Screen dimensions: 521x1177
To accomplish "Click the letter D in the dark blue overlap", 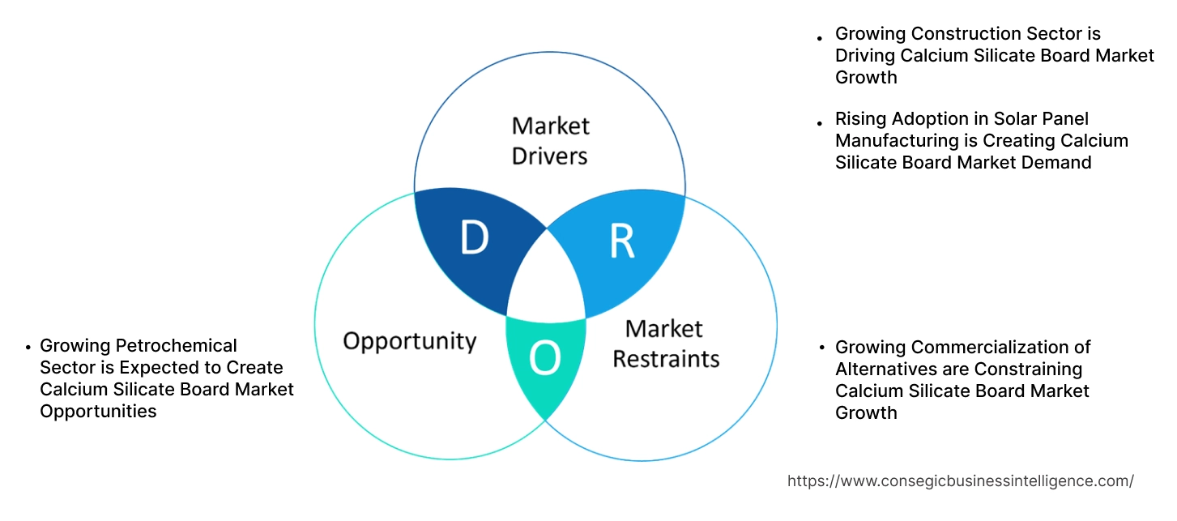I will click(x=475, y=237).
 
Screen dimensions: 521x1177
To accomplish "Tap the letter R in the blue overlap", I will click(x=621, y=241).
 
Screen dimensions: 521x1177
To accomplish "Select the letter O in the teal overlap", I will click(x=545, y=359).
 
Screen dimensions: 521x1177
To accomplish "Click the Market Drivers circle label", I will click(x=550, y=140).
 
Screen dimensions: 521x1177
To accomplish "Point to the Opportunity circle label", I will click(x=409, y=340).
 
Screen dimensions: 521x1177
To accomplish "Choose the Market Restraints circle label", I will click(x=665, y=343).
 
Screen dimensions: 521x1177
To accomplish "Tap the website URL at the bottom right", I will click(x=960, y=481).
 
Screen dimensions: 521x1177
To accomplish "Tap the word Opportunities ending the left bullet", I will click(x=98, y=412).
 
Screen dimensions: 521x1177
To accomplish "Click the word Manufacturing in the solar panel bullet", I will click(x=895, y=141).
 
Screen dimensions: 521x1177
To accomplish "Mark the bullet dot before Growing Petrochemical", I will click(x=28, y=347).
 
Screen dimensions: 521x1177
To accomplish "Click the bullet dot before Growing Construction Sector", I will click(x=821, y=36).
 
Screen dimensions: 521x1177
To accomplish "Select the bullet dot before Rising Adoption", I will click(x=821, y=122).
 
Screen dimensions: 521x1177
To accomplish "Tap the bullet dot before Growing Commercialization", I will click(x=821, y=348).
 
